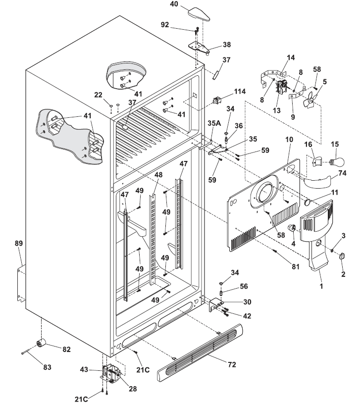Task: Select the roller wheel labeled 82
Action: pyautogui.click(x=41, y=343)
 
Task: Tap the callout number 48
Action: pyautogui.click(x=158, y=175)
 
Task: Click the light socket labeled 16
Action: pyautogui.click(x=317, y=161)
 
